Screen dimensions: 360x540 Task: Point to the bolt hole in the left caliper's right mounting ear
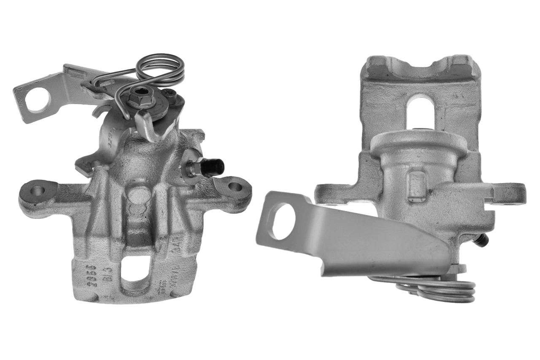234,186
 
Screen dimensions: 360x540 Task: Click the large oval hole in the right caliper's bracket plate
283,221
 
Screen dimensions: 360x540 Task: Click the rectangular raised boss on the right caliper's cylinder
417,186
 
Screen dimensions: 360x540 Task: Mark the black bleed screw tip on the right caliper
483,241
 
